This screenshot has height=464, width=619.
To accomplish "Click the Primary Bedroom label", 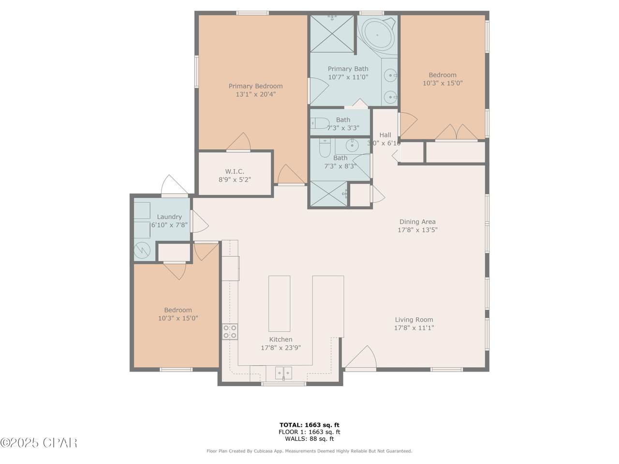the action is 255,86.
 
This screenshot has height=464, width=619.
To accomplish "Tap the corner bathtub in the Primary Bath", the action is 377,35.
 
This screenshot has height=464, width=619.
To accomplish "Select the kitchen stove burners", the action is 230,332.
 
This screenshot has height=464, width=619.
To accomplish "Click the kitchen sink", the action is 283,373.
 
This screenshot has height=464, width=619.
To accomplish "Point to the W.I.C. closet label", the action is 235,171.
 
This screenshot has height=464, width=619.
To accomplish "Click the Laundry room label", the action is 169,217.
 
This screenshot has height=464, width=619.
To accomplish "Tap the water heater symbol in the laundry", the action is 142,250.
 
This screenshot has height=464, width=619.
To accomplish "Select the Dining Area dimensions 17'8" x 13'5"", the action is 417,230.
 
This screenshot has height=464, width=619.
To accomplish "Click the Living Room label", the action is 414,320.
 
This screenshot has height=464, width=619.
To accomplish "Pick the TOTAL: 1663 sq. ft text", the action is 309,425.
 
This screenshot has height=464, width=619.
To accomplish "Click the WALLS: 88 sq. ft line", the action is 309,439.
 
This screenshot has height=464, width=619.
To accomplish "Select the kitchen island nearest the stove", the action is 279,304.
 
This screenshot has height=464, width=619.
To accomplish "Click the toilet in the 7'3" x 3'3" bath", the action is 320,123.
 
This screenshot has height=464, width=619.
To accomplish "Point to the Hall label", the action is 385,135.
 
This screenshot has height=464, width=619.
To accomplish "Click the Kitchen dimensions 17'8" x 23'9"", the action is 280,348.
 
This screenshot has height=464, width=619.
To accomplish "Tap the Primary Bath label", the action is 348,69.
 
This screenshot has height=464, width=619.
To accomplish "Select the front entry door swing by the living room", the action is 361,357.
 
